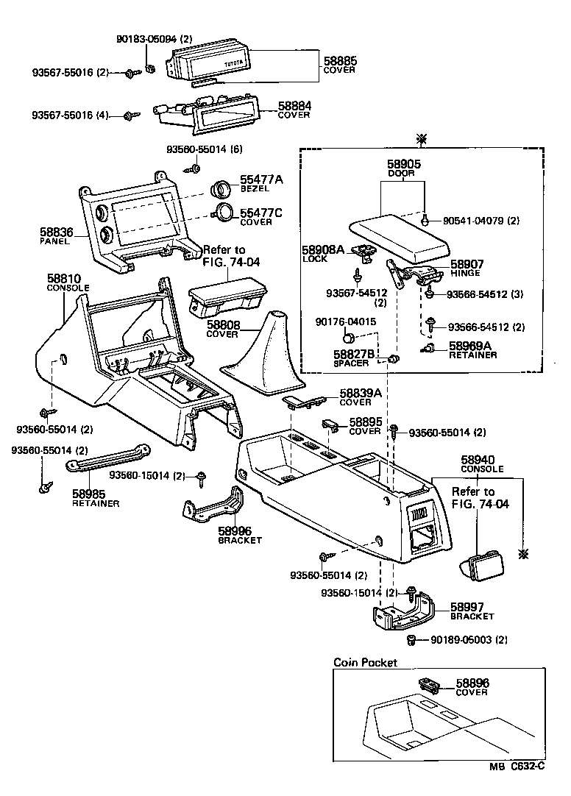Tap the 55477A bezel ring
pos(221,189)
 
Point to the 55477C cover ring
pos(223,214)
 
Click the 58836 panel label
pos(55,232)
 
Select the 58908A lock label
pos(322,250)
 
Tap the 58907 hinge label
pos(465,264)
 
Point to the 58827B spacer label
pos(354,355)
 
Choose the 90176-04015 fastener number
pos(346,321)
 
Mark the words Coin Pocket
pos(365,662)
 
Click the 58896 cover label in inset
pos(472,684)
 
